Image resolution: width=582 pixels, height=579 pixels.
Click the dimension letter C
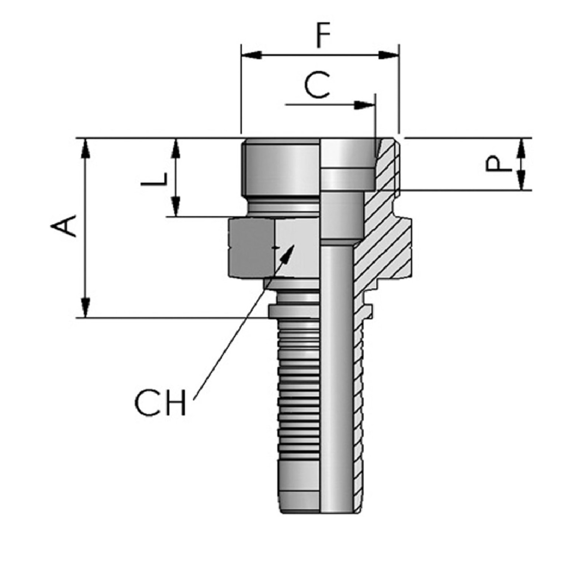pos(317,85)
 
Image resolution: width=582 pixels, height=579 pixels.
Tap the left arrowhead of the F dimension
pos(251,55)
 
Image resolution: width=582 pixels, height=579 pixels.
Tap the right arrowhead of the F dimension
pos(388,55)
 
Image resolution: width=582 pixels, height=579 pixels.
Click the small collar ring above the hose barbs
pos(293,311)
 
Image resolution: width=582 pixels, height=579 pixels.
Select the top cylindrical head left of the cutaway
pos(280,168)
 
